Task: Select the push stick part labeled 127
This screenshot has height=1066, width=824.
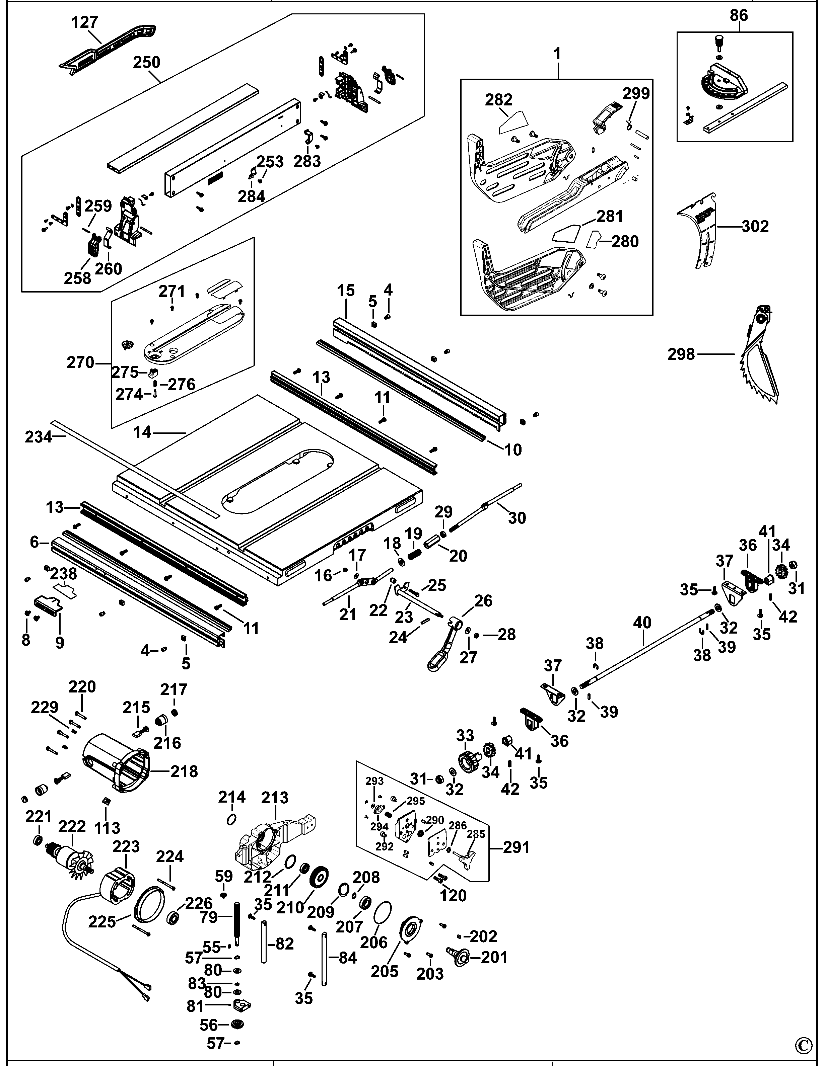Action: [108, 47]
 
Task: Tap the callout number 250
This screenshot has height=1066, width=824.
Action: [146, 63]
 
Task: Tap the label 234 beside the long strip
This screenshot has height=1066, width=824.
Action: [38, 437]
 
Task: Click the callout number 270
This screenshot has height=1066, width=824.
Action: [80, 363]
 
